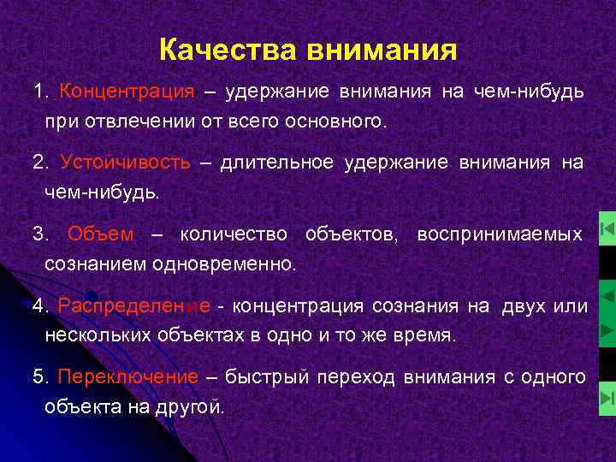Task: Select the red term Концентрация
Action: tap(127, 92)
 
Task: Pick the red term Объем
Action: tap(101, 234)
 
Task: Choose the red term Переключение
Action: tap(127, 377)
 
